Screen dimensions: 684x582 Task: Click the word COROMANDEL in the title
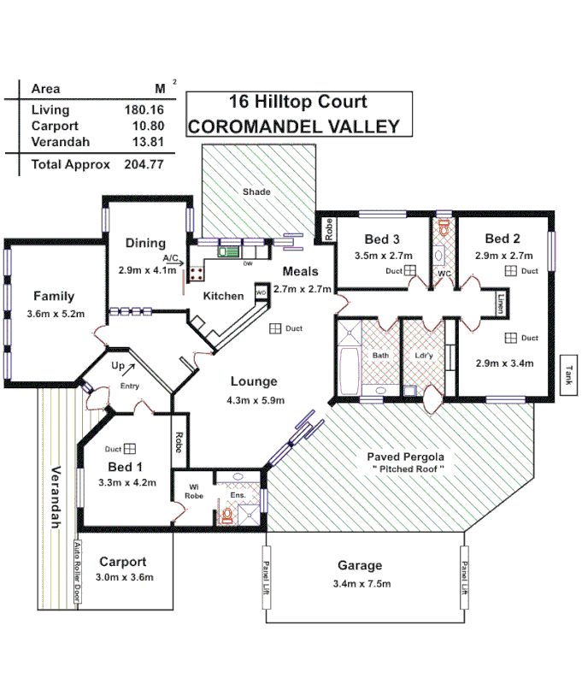[x=261, y=127]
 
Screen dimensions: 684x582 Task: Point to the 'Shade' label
[x=256, y=192]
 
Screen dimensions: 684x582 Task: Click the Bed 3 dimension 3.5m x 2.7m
[x=384, y=255]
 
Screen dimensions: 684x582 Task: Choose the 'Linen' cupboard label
[x=502, y=303]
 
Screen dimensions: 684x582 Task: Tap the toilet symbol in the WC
[x=444, y=228]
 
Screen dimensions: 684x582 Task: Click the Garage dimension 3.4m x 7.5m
[x=362, y=584]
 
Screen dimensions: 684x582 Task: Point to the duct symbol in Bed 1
[x=130, y=448]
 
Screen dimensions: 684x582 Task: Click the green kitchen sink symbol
[x=228, y=251]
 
